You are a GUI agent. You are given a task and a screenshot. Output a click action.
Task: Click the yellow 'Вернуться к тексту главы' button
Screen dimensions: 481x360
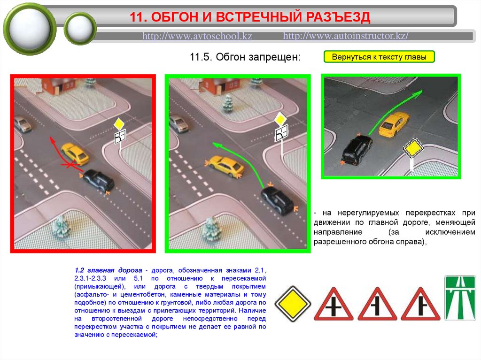pyautogui.click(x=379, y=57)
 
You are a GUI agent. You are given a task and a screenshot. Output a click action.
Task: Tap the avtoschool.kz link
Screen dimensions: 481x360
pyautogui.click(x=197, y=36)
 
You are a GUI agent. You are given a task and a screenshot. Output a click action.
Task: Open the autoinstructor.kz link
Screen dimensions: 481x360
pyautogui.click(x=345, y=36)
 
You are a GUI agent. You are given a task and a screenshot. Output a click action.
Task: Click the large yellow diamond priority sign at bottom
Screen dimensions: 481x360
pyautogui.click(x=293, y=304)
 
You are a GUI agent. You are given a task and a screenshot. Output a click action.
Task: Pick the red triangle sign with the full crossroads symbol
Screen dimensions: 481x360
pyautogui.click(x=334, y=304)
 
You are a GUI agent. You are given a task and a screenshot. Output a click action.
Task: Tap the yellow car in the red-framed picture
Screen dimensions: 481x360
pyautogui.click(x=75, y=153)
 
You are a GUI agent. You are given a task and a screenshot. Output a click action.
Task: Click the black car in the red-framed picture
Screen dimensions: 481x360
pyautogui.click(x=98, y=180)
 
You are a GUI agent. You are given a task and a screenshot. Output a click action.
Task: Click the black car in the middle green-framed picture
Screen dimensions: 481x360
pyautogui.click(x=277, y=199)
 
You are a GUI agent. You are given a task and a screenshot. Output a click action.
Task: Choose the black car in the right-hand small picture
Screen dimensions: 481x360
pyautogui.click(x=357, y=150)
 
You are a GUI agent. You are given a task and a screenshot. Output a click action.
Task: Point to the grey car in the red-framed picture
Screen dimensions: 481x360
pyautogui.click(x=22, y=124)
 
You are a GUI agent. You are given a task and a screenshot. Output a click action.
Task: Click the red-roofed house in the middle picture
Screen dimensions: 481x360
pyautogui.click(x=218, y=84)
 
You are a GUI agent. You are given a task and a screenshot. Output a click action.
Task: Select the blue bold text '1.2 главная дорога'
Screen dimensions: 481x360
pyautogui.click(x=109, y=270)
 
